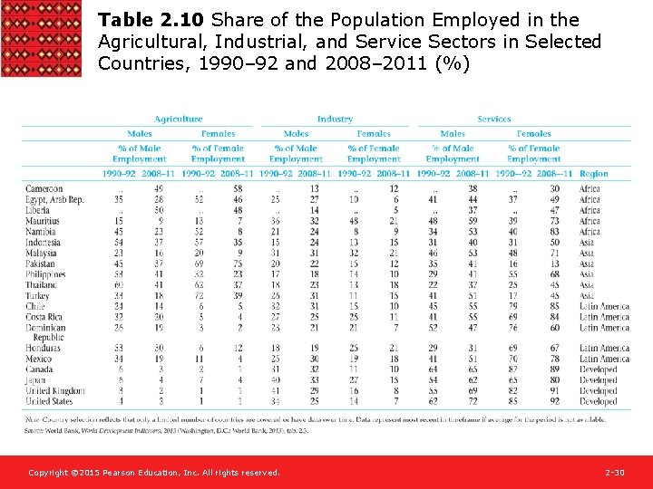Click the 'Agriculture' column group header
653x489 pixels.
(179, 120)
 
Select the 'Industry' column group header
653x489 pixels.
(335, 120)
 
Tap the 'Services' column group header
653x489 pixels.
(494, 120)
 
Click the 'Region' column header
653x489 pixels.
(594, 173)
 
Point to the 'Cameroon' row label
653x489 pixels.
(44, 188)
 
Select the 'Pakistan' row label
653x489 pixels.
(42, 264)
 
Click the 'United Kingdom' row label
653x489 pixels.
(55, 390)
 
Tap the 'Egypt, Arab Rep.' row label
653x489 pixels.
(54, 199)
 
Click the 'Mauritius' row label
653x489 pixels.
(43, 221)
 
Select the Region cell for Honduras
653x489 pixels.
(604, 349)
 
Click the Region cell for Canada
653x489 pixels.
(598, 369)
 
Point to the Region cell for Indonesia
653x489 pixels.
(587, 242)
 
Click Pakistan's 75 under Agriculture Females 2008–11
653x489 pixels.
(238, 264)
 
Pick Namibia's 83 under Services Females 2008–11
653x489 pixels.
(554, 232)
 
